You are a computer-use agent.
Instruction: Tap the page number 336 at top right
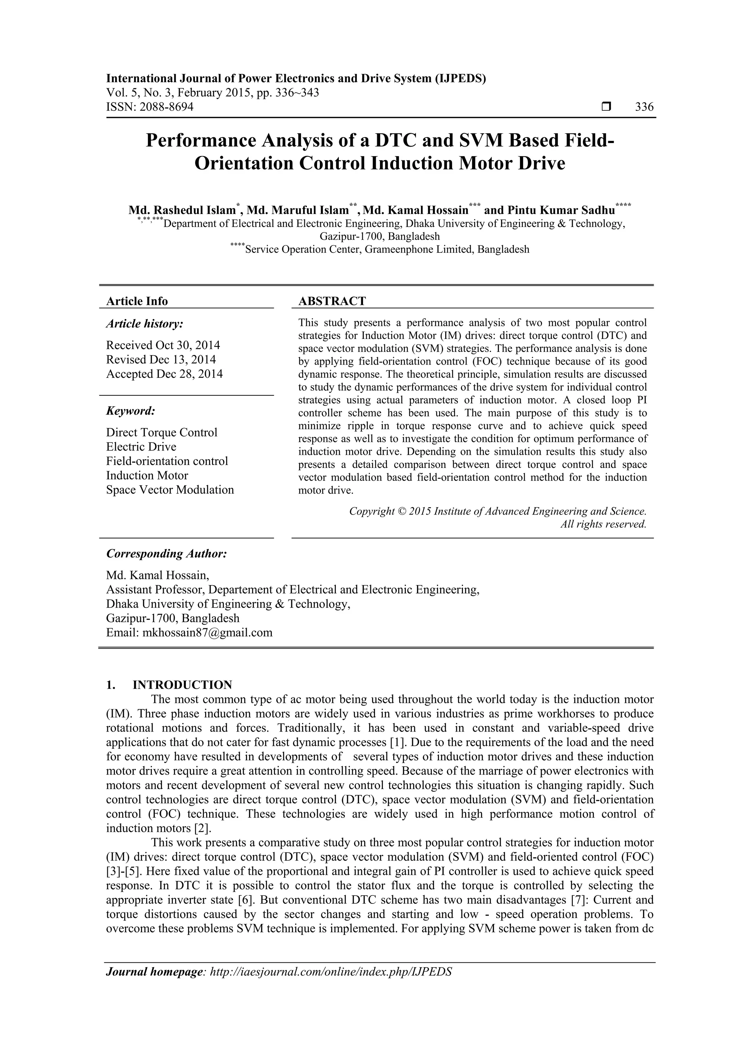pyautogui.click(x=644, y=107)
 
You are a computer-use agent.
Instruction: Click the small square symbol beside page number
pyautogui.click(x=606, y=107)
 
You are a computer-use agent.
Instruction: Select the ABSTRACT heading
pyautogui.click(x=332, y=301)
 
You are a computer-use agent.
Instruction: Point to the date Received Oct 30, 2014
pyautogui.click(x=163, y=345)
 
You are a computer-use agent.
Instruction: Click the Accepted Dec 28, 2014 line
pyautogui.click(x=164, y=374)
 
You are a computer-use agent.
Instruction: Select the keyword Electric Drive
pyautogui.click(x=141, y=446)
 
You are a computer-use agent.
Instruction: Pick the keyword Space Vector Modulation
pyautogui.click(x=170, y=490)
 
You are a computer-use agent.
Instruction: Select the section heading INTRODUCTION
pyautogui.click(x=182, y=685)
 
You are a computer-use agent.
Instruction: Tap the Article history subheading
pyautogui.click(x=145, y=324)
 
